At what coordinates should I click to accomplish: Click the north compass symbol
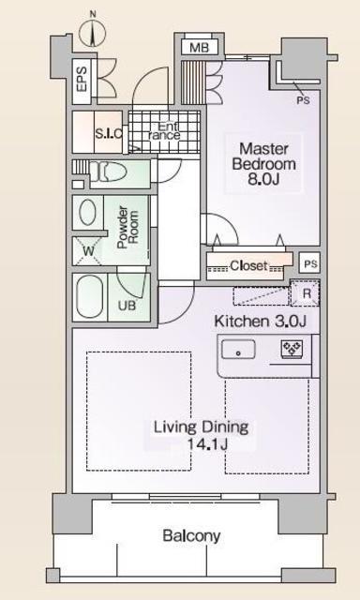coord(92,31)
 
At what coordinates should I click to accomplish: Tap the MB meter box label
coord(200,48)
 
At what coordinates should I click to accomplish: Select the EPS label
coord(82,79)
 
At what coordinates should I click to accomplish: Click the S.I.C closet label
coord(108,134)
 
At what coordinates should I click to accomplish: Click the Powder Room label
coord(128,228)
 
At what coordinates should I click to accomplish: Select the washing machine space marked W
coord(87,251)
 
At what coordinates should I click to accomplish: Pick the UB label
coord(127,306)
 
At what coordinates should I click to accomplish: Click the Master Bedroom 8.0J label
coord(264,164)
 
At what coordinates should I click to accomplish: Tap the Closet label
coord(248,264)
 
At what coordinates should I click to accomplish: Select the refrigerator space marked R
coord(306,293)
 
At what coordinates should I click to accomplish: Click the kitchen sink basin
coord(238,349)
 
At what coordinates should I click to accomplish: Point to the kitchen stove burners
coord(292,349)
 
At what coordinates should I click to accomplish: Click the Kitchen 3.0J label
coord(260,322)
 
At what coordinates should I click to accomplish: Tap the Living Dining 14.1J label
coord(202,435)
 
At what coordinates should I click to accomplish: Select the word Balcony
coord(191,536)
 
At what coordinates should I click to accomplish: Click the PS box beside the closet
coord(309,263)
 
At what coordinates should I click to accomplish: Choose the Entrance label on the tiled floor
coord(164,130)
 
